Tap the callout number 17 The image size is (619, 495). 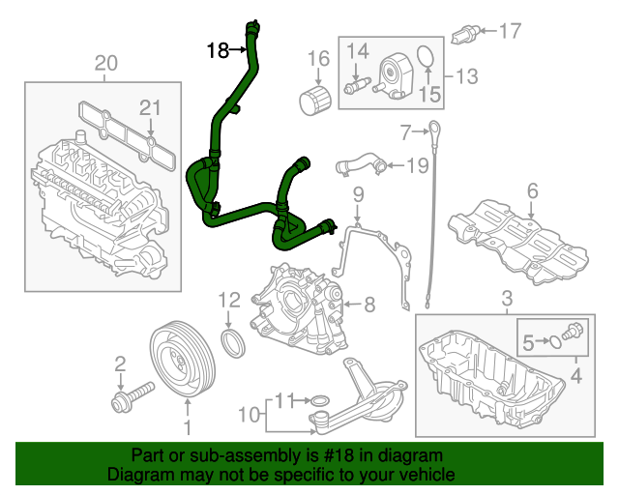pos(509,31)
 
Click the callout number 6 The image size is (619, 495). pos(531,191)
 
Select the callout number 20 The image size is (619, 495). pos(105,64)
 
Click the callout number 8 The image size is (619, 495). pos(368,306)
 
